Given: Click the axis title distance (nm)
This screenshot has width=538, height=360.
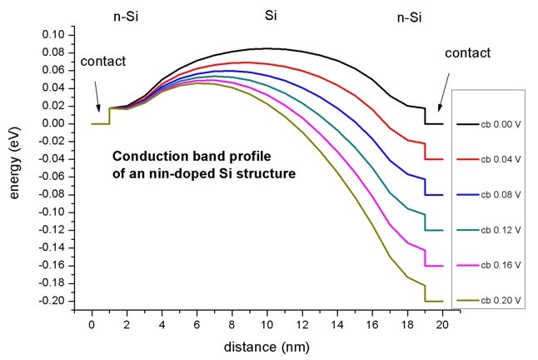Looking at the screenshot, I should [x=268, y=342].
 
